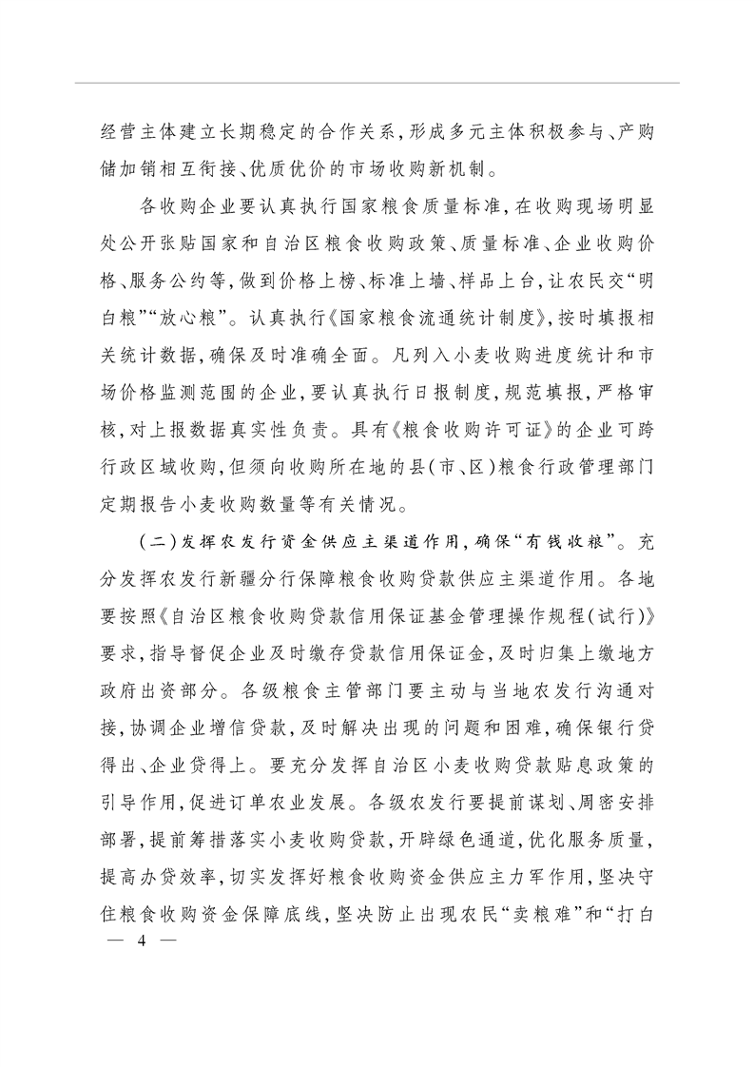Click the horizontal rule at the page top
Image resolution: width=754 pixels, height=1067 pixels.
(x=377, y=84)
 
